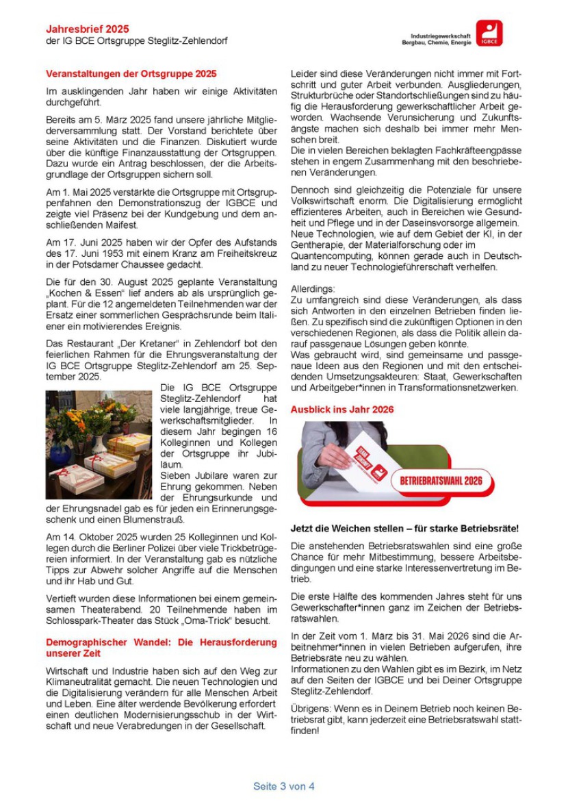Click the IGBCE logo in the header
(x=489, y=33)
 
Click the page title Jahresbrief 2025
(x=87, y=29)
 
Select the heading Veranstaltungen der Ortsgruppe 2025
(x=131, y=74)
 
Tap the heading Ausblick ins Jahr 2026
(x=342, y=410)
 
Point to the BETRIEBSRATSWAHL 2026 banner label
(x=441, y=480)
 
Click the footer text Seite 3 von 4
(x=283, y=786)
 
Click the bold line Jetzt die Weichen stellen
(x=404, y=529)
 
